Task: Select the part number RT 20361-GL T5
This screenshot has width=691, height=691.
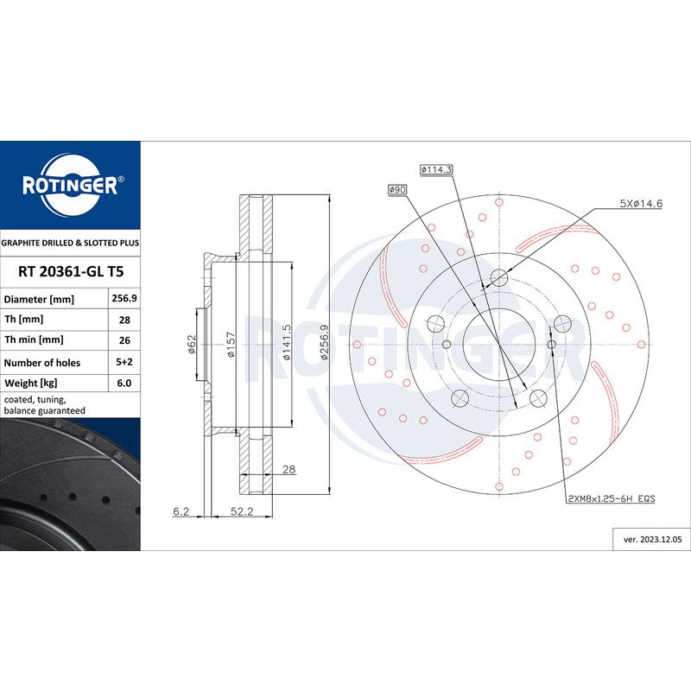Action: coord(70,271)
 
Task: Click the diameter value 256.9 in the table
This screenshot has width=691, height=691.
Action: coord(121,298)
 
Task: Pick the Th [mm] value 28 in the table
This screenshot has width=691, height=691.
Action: coord(121,320)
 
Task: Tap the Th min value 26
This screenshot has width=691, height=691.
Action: coord(121,341)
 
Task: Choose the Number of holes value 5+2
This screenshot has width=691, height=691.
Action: coord(121,363)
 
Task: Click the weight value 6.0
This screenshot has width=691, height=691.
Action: coord(121,384)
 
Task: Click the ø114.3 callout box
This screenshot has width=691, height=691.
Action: coord(436,170)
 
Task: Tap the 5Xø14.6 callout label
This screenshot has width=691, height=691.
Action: coord(640,204)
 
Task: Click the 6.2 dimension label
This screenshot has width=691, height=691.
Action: coord(181,511)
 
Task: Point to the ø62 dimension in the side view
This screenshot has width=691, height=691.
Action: coord(192,344)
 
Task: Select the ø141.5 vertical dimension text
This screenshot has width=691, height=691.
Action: coord(286,342)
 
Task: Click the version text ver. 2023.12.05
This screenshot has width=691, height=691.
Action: coord(652,539)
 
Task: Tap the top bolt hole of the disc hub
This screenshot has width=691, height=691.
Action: coord(499,277)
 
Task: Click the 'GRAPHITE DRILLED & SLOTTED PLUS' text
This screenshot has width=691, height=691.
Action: coord(70,244)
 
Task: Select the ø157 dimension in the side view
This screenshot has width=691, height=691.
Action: coord(231,343)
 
